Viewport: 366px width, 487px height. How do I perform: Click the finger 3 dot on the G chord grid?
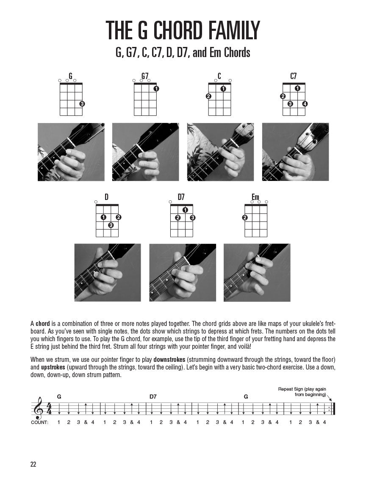tap(82, 104)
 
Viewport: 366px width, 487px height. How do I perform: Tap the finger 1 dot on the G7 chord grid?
tap(156, 88)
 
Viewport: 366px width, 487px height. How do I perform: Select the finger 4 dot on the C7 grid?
tap(305, 104)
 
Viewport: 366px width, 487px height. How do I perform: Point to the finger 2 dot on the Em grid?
tap(245, 218)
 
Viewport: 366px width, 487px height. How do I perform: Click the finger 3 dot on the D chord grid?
tap(111, 225)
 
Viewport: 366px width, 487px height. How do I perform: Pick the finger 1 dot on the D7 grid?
tap(185, 210)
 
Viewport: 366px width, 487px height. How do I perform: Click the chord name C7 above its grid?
tap(294, 76)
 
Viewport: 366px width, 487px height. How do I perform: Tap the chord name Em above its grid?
tap(255, 197)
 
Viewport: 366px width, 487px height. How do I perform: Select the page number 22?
tap(33, 464)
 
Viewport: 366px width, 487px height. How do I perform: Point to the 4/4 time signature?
tap(49, 409)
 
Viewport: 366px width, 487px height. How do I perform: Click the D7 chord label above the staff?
tap(153, 397)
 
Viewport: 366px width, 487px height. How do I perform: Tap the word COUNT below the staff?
tap(39, 422)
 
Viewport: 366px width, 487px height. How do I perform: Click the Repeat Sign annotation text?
tap(302, 391)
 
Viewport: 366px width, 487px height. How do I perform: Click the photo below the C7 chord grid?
tap(295, 152)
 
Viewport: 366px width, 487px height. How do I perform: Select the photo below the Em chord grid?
tap(257, 272)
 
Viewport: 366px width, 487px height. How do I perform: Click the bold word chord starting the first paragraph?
tap(43, 323)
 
